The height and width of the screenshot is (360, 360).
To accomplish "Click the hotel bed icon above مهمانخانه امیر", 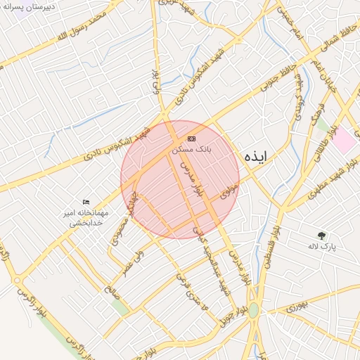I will tap(86, 202).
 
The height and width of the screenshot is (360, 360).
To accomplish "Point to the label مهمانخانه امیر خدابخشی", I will tap(84, 217).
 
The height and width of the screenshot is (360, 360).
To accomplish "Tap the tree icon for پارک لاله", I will tap(322, 236).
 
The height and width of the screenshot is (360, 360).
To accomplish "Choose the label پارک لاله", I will tap(322, 247).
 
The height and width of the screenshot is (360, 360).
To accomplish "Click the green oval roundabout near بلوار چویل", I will tap(253, 309).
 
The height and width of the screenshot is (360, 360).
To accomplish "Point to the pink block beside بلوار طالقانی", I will tap(344, 140).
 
